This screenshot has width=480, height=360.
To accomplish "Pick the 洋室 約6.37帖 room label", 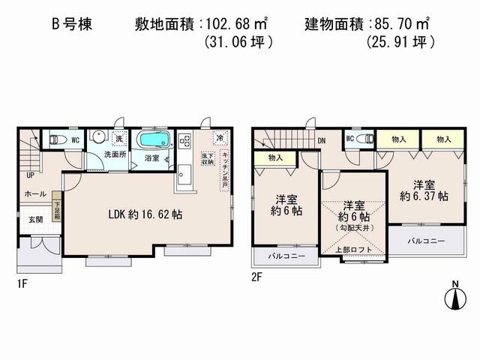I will (x=421, y=190).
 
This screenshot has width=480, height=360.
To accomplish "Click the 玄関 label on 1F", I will (x=35, y=219).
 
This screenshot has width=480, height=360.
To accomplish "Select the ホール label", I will (x=34, y=193).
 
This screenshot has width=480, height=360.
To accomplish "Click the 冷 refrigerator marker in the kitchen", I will (x=219, y=138).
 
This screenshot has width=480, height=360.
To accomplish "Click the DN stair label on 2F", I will (x=321, y=140).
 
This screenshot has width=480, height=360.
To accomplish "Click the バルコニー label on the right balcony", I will (x=427, y=241).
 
